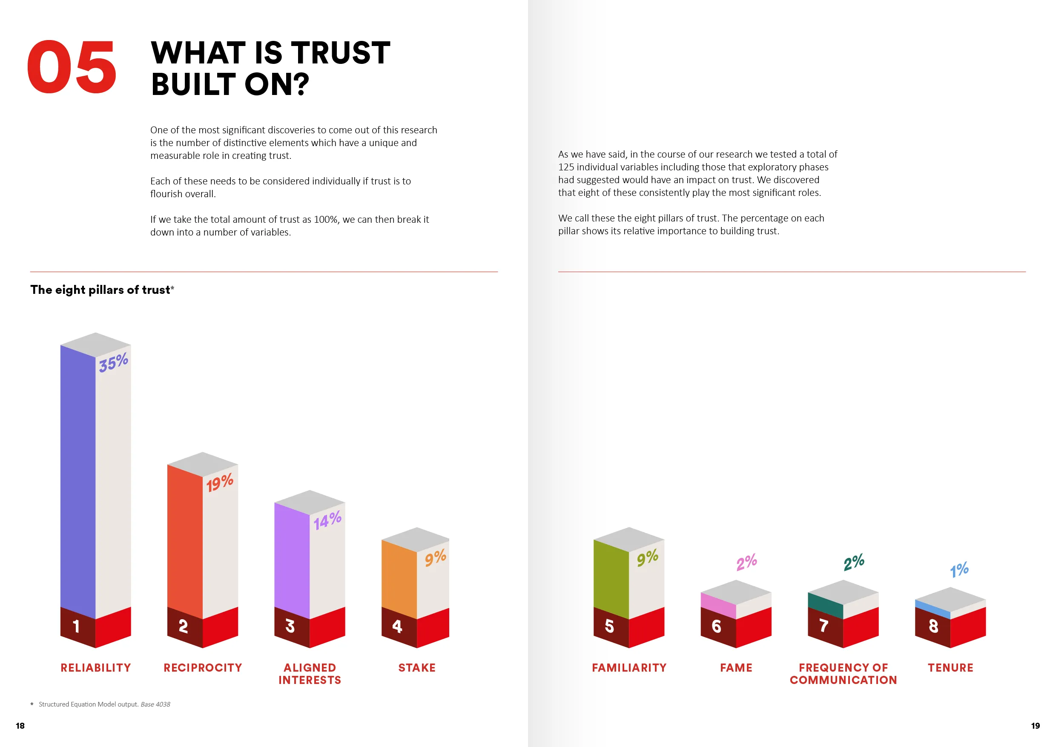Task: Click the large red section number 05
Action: coord(71,67)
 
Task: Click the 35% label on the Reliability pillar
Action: coord(113,362)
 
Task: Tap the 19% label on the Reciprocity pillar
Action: coord(219,483)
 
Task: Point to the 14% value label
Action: coord(327,520)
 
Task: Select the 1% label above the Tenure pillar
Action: coord(959,570)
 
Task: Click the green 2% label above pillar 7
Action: coord(854,562)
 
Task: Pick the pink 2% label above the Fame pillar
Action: coord(746,562)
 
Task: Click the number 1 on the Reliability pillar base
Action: coord(76,626)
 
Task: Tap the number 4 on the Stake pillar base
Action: coord(397,626)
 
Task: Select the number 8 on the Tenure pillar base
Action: coord(933,626)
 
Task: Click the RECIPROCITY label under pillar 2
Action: coord(203,667)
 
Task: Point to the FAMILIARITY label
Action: coord(629,667)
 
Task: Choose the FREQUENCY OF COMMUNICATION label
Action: coord(843,674)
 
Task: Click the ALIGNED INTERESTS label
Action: coord(310,674)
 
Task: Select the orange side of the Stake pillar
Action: coord(399,577)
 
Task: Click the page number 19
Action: coord(1035,726)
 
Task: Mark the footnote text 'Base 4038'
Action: coord(155,704)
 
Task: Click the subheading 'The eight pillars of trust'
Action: coord(100,290)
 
